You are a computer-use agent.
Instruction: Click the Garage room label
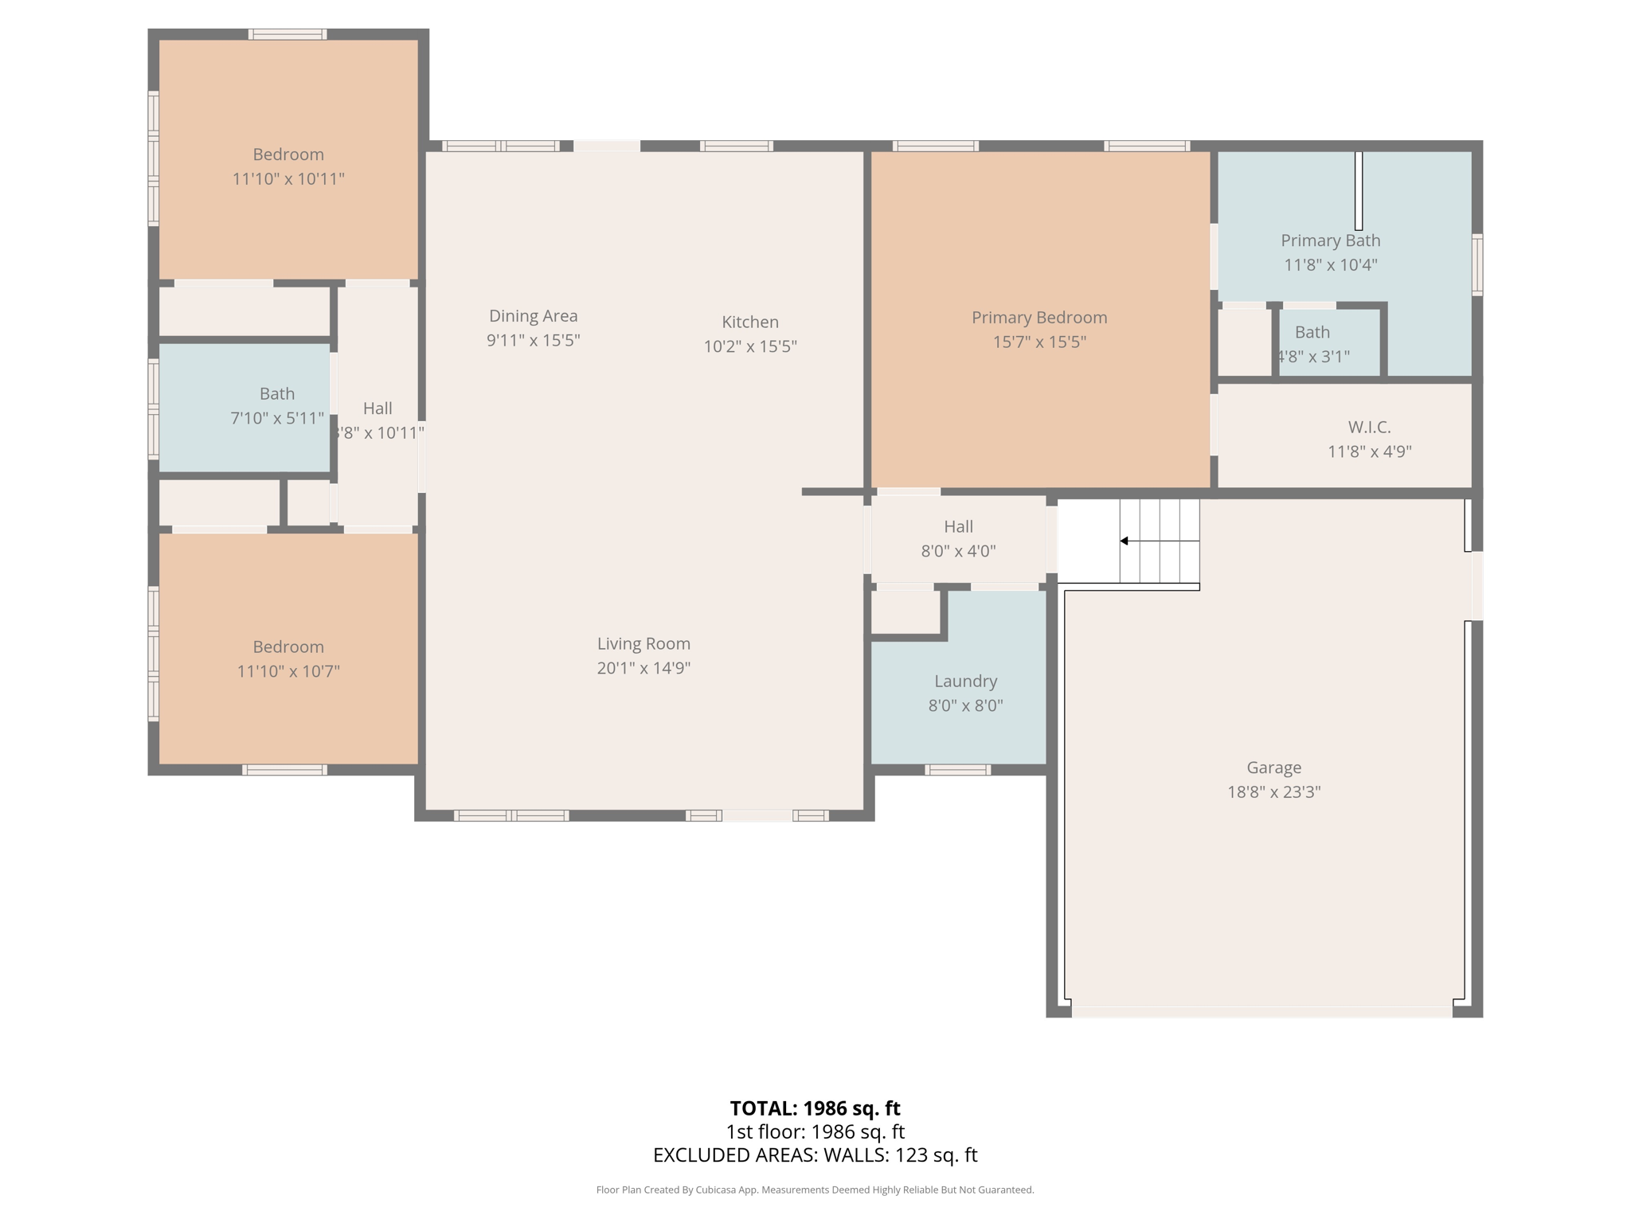(x=1273, y=768)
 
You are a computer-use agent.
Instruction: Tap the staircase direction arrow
(x=1124, y=541)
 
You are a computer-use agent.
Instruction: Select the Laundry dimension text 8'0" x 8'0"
(x=965, y=705)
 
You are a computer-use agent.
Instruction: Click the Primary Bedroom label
(x=1039, y=318)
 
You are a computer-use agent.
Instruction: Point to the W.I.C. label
(x=1369, y=428)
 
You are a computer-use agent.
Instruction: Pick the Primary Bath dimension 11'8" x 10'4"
(x=1330, y=264)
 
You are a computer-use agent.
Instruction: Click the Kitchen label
(x=750, y=322)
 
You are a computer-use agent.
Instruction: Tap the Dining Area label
(x=533, y=316)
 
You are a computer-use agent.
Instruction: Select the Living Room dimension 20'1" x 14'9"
(x=643, y=668)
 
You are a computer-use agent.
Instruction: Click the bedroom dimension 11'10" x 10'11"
(x=288, y=179)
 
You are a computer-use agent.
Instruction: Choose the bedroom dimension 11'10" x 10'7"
(x=288, y=671)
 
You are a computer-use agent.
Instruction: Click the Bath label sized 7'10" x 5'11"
(x=277, y=393)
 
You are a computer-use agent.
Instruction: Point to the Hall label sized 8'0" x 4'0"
(x=958, y=526)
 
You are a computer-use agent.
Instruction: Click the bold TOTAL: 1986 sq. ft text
(x=815, y=1108)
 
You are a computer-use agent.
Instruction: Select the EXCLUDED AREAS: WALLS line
(x=815, y=1155)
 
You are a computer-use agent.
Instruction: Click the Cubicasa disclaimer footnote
(x=815, y=1190)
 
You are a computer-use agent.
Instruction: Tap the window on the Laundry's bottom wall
(x=957, y=770)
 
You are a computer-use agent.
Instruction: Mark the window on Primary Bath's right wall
(x=1477, y=264)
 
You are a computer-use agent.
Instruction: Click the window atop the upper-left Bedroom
(x=287, y=34)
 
